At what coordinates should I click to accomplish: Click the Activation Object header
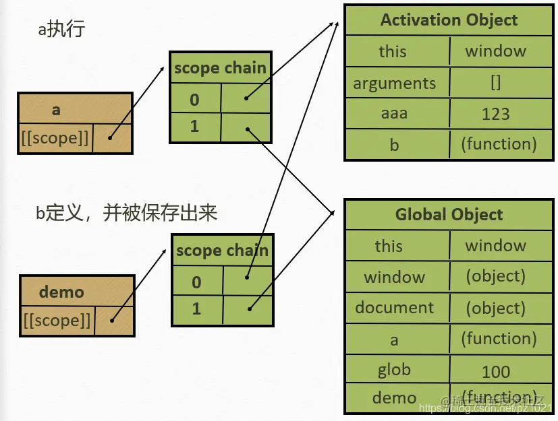(449, 20)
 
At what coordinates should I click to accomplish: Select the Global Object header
(449, 215)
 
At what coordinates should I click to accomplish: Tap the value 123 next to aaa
(495, 114)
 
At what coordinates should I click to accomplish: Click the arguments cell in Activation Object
(395, 84)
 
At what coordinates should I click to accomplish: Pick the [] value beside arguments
(495, 83)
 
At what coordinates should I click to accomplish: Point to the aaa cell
(395, 113)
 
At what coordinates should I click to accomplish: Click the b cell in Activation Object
(395, 144)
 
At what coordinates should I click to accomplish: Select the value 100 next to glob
(496, 371)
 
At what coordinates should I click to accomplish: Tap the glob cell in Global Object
(395, 369)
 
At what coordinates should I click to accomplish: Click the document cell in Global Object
(395, 308)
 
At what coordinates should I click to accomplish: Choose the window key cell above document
(395, 277)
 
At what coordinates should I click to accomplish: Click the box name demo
(61, 292)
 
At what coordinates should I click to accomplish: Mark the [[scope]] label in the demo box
(57, 321)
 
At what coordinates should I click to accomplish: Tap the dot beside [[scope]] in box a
(109, 138)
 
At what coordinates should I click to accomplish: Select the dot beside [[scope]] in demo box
(112, 320)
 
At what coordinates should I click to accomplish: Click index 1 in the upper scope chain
(194, 126)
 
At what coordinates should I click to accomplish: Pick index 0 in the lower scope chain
(196, 281)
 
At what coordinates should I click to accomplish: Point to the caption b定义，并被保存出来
(126, 214)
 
